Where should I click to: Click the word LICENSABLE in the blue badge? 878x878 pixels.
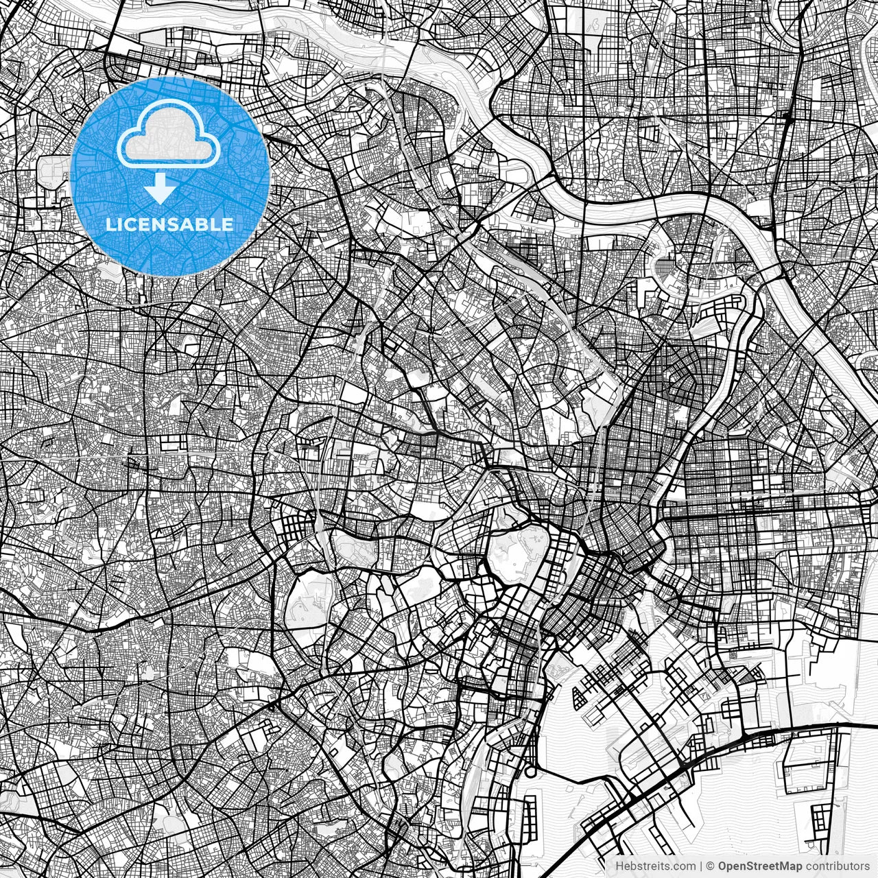pyautogui.click(x=169, y=224)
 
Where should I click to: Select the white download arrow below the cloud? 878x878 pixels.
pyautogui.click(x=161, y=188)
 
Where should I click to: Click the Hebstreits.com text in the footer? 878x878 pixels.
pyautogui.click(x=655, y=866)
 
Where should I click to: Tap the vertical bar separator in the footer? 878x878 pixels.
pyautogui.click(x=701, y=866)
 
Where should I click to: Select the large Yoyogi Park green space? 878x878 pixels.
pyautogui.click(x=305, y=604)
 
